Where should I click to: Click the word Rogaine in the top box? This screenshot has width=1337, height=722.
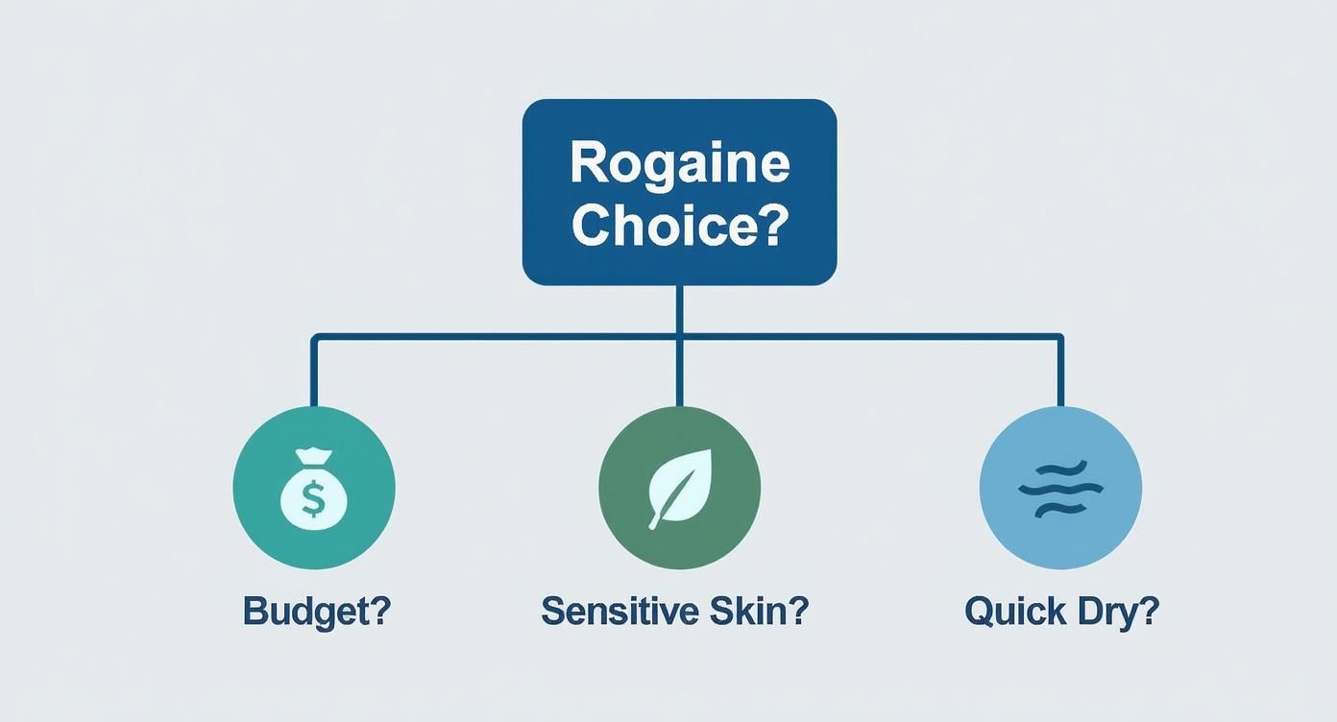pos(679,163)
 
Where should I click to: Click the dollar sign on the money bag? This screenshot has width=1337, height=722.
pos(313,498)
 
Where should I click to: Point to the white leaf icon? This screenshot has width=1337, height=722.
pos(679,486)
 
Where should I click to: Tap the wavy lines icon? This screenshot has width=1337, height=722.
pos(1059,488)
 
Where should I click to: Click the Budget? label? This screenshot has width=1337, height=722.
pos(316,611)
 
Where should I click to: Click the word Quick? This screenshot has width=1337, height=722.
pos(1014,611)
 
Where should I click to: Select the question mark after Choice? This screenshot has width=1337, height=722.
pos(774,226)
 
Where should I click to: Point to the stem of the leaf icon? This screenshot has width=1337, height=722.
pos(657,519)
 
